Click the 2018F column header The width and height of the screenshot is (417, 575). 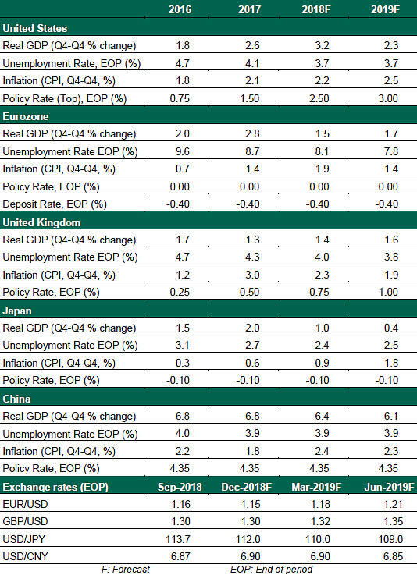316,9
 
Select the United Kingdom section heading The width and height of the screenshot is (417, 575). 41,222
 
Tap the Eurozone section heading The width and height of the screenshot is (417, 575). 26,116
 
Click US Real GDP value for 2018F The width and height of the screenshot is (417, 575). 322,45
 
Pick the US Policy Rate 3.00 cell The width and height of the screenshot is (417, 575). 388,98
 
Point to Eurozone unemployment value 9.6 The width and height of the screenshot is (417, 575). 183,151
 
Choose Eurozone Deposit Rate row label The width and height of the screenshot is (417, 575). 55,204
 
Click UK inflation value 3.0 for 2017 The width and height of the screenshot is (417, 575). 252,275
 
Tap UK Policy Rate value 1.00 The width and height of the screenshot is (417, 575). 388,292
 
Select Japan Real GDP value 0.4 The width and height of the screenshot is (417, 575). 391,328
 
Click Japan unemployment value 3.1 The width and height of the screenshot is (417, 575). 183,345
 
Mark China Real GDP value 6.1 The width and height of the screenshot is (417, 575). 391,416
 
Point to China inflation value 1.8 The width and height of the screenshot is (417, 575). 252,451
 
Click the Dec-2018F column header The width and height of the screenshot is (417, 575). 246,487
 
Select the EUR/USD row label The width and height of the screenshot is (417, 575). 25,504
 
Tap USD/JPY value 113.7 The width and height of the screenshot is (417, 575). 178,539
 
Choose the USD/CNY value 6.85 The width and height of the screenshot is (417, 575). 393,556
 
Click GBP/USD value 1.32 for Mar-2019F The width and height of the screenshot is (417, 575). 320,521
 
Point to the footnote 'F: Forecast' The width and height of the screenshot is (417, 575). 126,569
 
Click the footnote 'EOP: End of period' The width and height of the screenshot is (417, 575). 271,569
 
